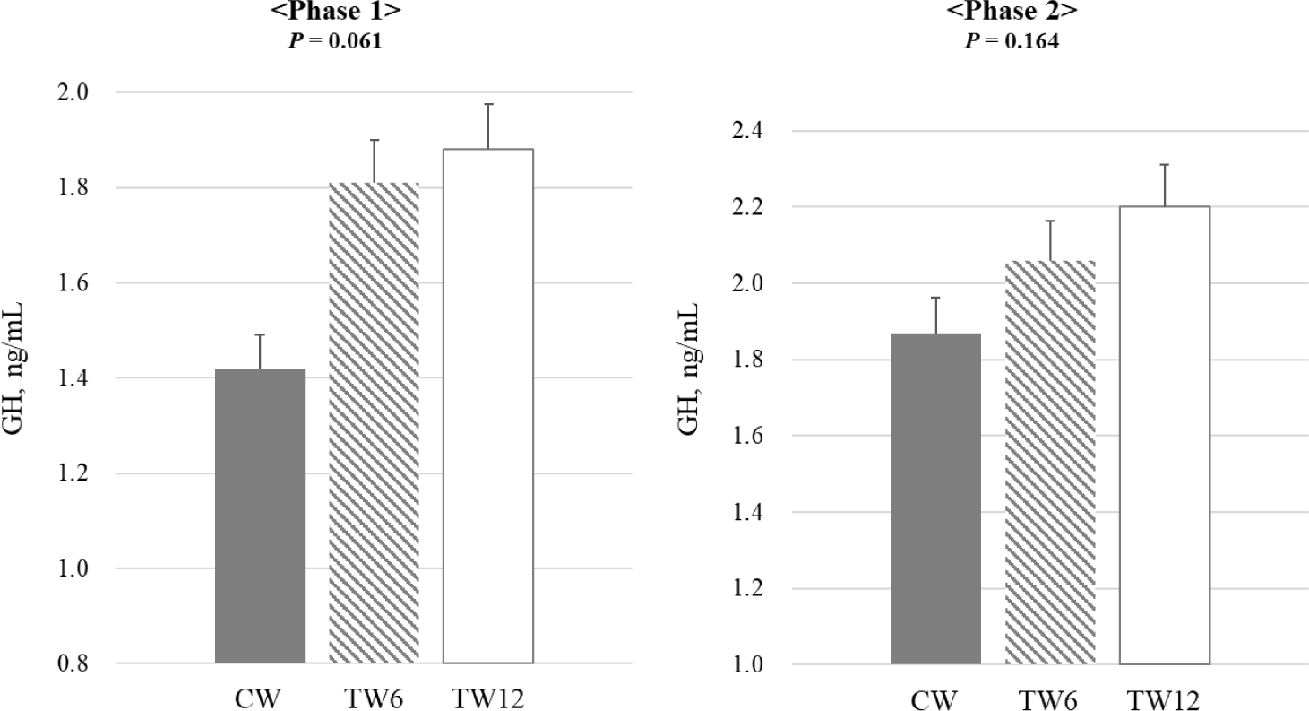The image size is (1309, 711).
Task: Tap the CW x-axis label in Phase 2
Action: (936, 697)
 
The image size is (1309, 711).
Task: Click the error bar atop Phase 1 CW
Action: (260, 351)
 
